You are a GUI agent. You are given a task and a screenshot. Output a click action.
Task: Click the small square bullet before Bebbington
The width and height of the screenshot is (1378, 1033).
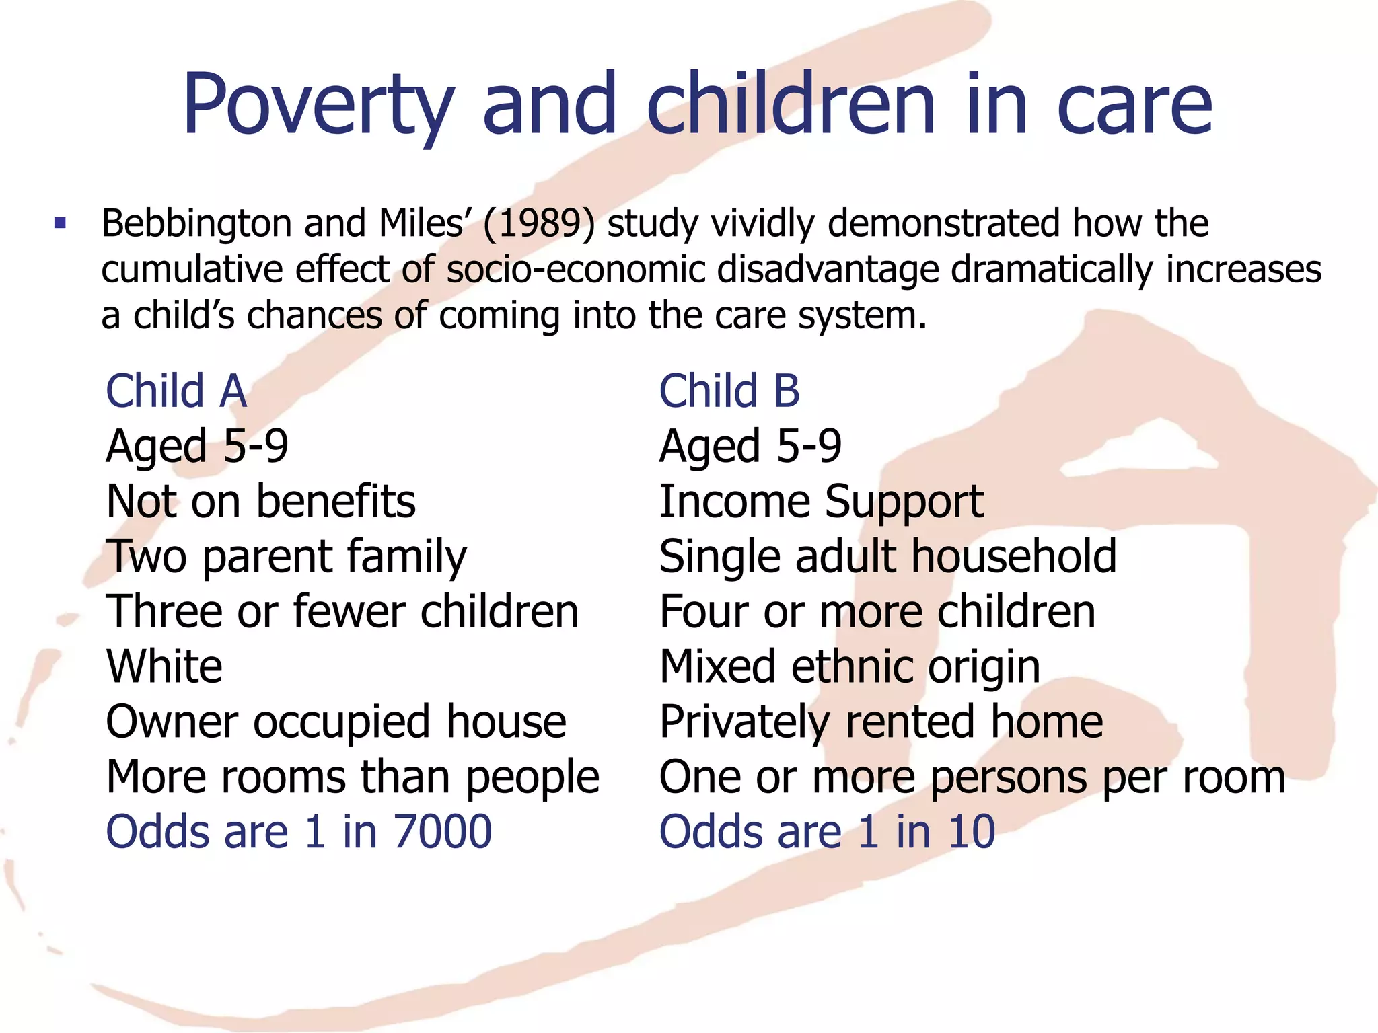pos(61,223)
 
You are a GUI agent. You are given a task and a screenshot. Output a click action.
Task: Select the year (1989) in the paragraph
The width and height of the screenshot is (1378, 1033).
pos(538,223)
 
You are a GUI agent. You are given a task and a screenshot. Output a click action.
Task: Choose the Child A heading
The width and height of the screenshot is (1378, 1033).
pos(176,391)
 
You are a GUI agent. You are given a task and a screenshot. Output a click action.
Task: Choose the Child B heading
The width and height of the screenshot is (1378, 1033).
pos(729,391)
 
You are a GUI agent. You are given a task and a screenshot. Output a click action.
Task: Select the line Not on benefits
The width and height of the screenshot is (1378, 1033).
pos(261,502)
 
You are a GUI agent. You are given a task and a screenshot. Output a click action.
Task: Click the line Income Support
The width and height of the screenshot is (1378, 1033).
pos(821,502)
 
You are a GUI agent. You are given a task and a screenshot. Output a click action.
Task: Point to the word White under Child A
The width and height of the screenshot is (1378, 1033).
pos(164,667)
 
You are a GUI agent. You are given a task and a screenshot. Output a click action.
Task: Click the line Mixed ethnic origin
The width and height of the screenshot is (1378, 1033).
pos(850,667)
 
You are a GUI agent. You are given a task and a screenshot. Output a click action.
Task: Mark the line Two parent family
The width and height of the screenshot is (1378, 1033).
pos(286,557)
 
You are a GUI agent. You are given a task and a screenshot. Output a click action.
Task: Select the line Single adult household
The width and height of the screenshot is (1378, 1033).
pos(887,557)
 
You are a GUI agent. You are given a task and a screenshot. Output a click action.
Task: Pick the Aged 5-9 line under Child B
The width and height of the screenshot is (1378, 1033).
pos(750,447)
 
